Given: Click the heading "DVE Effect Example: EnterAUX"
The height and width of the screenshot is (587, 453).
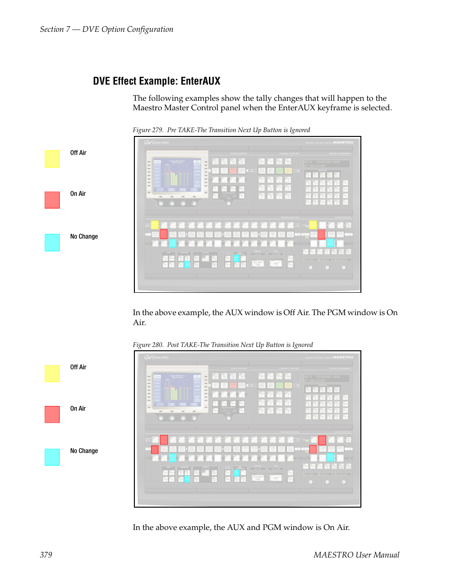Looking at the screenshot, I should (156, 81).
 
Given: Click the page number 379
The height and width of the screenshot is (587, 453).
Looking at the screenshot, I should (46, 555).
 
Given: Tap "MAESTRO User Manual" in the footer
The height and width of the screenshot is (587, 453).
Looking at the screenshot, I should (356, 555).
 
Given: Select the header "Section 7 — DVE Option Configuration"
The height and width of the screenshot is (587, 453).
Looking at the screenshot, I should (106, 29).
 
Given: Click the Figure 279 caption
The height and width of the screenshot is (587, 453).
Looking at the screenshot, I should (221, 130).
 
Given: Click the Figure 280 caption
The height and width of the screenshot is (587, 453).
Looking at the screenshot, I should (223, 345).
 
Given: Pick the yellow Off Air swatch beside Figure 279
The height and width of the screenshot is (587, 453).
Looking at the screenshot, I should (52, 159).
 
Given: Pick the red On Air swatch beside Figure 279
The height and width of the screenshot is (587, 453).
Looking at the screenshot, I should (52, 200).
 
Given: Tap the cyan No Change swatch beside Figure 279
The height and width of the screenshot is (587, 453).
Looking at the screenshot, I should (52, 242).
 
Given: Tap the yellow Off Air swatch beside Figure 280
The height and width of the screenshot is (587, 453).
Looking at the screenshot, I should (52, 374).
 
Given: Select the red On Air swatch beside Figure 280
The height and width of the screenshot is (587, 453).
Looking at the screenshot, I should (52, 414).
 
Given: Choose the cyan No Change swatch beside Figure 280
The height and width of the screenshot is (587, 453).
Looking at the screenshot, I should (52, 457).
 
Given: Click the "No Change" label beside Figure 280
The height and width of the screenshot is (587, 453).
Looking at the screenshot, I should (84, 451).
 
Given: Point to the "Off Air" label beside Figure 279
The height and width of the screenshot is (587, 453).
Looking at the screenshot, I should (78, 153).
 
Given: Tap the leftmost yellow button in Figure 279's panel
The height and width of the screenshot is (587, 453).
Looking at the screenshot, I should (155, 225).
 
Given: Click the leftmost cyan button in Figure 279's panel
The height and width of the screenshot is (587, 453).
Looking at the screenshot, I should (172, 243).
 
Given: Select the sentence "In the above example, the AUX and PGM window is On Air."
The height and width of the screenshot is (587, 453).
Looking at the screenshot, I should (241, 527).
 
